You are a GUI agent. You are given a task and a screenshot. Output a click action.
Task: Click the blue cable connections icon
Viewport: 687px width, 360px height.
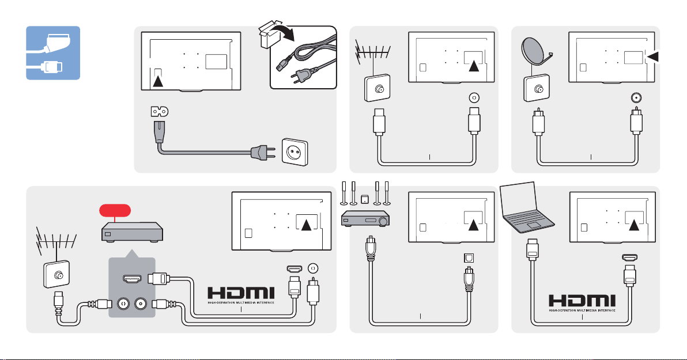pos(53,53)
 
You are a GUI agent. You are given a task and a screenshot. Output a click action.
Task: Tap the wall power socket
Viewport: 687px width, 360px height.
pos(295,152)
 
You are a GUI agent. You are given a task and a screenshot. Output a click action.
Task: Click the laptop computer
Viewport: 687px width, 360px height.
pos(527,207)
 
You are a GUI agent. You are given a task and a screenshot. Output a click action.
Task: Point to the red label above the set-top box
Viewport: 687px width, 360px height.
pos(115,210)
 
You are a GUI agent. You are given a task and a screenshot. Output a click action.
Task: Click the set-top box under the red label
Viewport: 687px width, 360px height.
pos(132,232)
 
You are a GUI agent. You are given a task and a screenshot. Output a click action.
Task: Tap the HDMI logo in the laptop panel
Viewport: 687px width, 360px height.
pos(582,302)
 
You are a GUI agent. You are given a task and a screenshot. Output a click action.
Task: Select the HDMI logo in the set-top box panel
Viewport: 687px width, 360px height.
pos(241,295)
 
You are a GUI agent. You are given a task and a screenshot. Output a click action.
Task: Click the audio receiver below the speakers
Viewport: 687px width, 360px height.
pos(365,218)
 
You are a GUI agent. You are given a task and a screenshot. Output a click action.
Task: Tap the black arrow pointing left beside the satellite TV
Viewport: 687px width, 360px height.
pos(653,56)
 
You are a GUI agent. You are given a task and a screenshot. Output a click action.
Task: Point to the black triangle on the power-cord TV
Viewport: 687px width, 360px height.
pos(158,81)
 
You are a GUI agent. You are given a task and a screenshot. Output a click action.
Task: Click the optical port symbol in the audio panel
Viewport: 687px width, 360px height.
pos(469,258)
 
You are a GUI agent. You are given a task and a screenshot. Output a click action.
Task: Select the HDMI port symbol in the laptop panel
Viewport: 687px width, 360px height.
pos(629,258)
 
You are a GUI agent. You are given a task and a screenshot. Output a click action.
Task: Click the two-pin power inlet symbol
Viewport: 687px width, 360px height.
pos(159,112)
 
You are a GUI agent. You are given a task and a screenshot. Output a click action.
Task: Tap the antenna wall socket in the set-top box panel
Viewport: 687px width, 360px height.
pos(56,275)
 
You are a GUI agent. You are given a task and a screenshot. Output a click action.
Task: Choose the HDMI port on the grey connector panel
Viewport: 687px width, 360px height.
pos(132,279)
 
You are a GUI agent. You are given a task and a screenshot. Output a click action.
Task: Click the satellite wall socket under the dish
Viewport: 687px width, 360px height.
pos(536,89)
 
